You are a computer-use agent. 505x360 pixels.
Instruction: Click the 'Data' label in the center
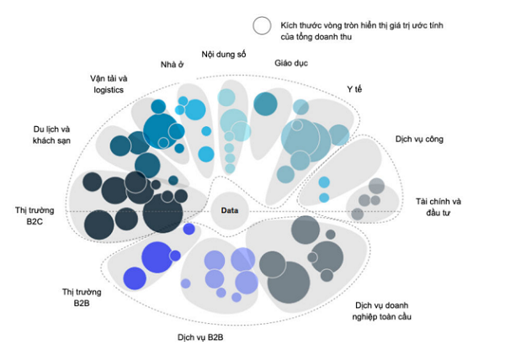tap(231, 210)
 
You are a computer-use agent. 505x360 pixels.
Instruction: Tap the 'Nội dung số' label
tap(223, 55)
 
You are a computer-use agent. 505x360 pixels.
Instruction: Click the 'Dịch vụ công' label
tap(419, 139)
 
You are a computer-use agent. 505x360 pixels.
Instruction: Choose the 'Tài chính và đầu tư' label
tap(438, 207)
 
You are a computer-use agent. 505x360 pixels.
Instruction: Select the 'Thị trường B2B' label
tap(82, 297)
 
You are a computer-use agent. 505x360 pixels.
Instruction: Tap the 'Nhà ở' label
tap(172, 65)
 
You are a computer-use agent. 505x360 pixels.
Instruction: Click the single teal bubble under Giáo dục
tap(265, 103)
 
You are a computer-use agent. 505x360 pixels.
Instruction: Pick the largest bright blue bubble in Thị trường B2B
tap(157, 256)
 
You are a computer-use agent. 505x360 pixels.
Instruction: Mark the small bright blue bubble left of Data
tap(189, 229)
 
